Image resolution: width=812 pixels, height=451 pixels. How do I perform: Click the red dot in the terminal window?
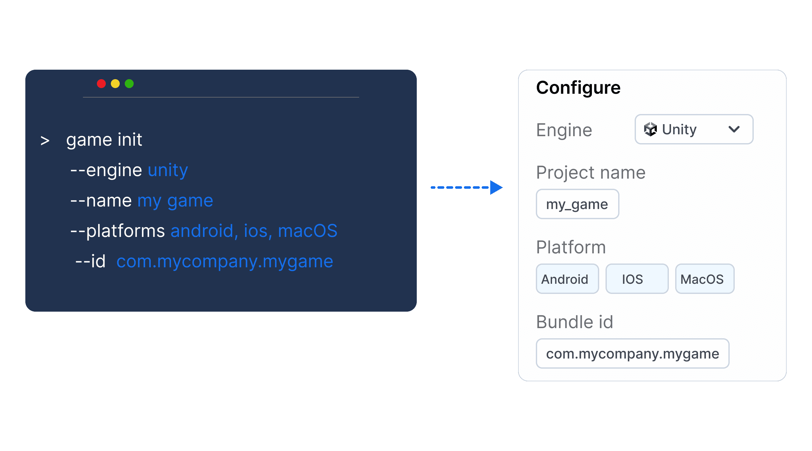tap(101, 84)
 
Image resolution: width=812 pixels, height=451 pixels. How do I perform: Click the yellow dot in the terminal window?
tap(115, 84)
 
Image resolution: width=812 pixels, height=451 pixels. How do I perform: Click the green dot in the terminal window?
tap(129, 84)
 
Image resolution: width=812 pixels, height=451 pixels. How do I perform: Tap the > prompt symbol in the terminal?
tap(45, 141)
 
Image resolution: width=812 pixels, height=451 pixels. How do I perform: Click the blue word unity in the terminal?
tap(168, 170)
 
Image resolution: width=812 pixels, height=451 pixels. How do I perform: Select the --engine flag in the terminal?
tap(106, 170)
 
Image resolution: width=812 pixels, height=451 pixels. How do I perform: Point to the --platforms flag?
tap(117, 231)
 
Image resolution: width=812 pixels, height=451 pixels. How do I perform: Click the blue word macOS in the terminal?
tap(308, 231)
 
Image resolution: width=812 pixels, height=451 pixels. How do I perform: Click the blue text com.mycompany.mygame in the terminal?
tap(225, 262)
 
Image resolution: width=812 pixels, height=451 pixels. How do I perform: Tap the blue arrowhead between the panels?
tap(496, 187)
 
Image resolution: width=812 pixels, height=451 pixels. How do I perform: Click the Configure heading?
tap(578, 88)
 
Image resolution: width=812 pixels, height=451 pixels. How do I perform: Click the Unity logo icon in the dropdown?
tap(650, 129)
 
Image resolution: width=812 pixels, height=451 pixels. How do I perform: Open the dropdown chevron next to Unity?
tap(734, 129)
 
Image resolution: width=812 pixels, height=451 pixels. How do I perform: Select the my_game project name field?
tap(577, 204)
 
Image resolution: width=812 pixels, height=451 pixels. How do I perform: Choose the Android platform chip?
tap(567, 279)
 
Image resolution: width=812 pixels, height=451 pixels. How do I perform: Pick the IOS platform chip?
tap(637, 279)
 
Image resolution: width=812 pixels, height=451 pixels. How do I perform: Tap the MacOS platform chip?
tap(705, 279)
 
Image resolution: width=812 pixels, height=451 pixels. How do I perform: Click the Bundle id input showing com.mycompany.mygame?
tap(632, 353)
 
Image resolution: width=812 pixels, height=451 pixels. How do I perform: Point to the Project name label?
tap(591, 173)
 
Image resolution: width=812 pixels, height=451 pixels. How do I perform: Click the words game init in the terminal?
tap(104, 140)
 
